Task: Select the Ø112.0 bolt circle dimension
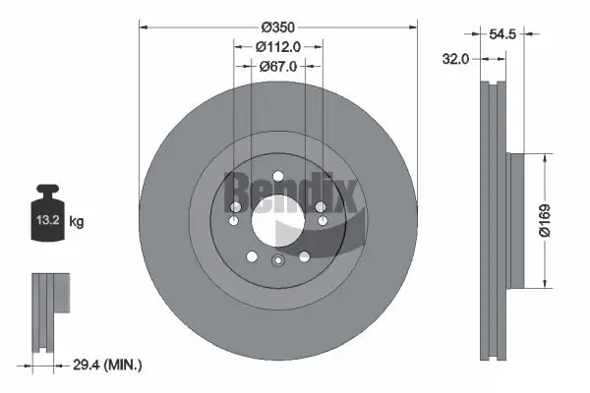click(x=278, y=45)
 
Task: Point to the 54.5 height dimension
click(x=503, y=34)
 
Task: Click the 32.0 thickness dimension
click(x=454, y=58)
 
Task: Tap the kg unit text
click(x=76, y=222)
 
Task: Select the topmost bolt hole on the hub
click(x=278, y=177)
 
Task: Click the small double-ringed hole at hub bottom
click(x=277, y=260)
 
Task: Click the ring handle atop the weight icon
click(x=45, y=190)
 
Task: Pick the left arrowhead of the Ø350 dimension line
click(x=143, y=27)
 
